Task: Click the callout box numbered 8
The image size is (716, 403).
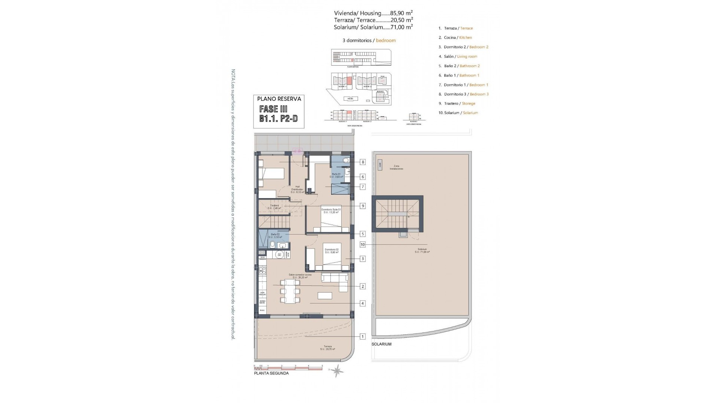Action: click(363, 162)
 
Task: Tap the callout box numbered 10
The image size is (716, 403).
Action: click(363, 245)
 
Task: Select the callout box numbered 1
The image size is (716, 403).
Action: click(363, 337)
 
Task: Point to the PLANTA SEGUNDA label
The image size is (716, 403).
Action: click(271, 373)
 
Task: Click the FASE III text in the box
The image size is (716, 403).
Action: click(273, 109)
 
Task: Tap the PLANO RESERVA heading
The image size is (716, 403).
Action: click(279, 99)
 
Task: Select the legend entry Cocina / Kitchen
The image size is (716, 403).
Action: click(458, 38)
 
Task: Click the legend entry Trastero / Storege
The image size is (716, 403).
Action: click(459, 103)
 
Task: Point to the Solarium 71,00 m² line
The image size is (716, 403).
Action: click(373, 27)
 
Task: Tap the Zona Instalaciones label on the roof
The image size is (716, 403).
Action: click(396, 168)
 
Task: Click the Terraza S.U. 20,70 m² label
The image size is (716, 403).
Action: click(327, 348)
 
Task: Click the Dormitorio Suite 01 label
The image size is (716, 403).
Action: click(331, 211)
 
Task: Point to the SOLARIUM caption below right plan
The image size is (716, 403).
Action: click(381, 344)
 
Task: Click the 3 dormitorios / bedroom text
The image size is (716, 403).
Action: click(369, 40)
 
